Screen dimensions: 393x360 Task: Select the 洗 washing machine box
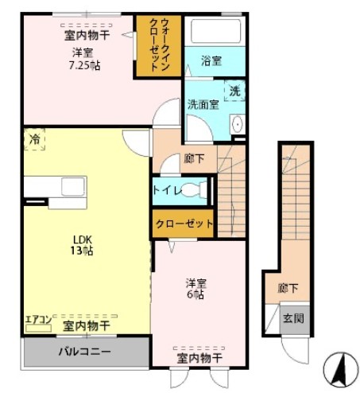tap(234, 91)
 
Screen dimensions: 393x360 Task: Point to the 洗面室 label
tap(203, 103)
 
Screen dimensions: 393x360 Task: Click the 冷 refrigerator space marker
tap(34, 138)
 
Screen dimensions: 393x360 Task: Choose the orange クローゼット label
tap(184, 224)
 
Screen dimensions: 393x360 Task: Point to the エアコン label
tap(38, 320)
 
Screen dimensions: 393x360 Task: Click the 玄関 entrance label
tap(292, 319)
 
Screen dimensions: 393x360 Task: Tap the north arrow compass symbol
tap(338, 367)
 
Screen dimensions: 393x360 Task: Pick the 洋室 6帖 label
tap(195, 288)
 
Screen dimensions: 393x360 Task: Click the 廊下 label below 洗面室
tap(193, 158)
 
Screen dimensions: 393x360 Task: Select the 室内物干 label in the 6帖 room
tap(197, 357)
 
